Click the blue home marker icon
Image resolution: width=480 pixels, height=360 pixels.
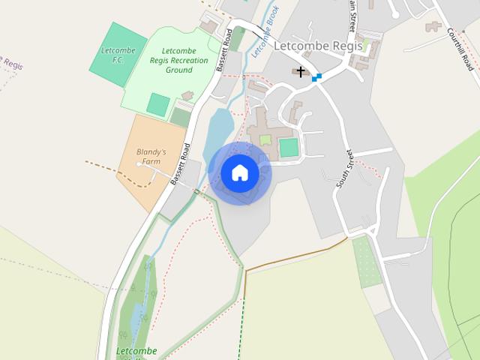point(240,173)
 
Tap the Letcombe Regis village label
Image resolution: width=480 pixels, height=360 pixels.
point(318,46)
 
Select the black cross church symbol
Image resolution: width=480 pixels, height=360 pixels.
point(301,72)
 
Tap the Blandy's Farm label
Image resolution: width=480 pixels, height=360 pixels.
point(151,156)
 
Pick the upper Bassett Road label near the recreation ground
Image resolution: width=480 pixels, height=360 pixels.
point(222,54)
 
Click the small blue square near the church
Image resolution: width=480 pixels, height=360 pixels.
point(317,77)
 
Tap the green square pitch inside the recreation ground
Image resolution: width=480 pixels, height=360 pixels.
point(157,104)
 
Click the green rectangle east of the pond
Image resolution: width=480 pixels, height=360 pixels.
point(289,147)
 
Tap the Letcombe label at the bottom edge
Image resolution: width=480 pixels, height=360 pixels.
point(136,351)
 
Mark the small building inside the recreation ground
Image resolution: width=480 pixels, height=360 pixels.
point(186,95)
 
